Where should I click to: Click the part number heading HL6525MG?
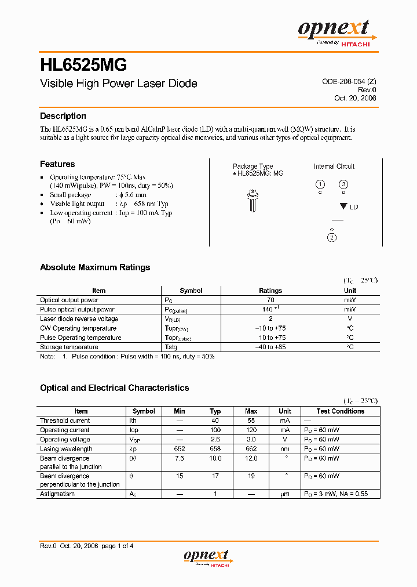(83, 64)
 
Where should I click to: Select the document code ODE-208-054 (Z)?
(349, 82)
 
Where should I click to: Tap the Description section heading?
(63, 116)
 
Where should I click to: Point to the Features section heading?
(57, 164)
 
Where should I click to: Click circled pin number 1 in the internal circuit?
(320, 185)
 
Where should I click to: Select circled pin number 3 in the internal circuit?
(343, 185)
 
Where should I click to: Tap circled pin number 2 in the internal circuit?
(332, 237)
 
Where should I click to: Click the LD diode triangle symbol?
(343, 206)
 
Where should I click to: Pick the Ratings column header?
(270, 291)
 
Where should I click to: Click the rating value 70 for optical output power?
(270, 300)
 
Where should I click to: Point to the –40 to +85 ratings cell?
(270, 347)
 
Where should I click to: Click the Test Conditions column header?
(341, 411)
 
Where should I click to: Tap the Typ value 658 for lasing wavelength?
(215, 448)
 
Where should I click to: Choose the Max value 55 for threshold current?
(251, 421)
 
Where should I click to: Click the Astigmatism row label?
(58, 494)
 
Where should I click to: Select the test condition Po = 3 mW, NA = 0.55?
(335, 494)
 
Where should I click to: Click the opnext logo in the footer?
(206, 557)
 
